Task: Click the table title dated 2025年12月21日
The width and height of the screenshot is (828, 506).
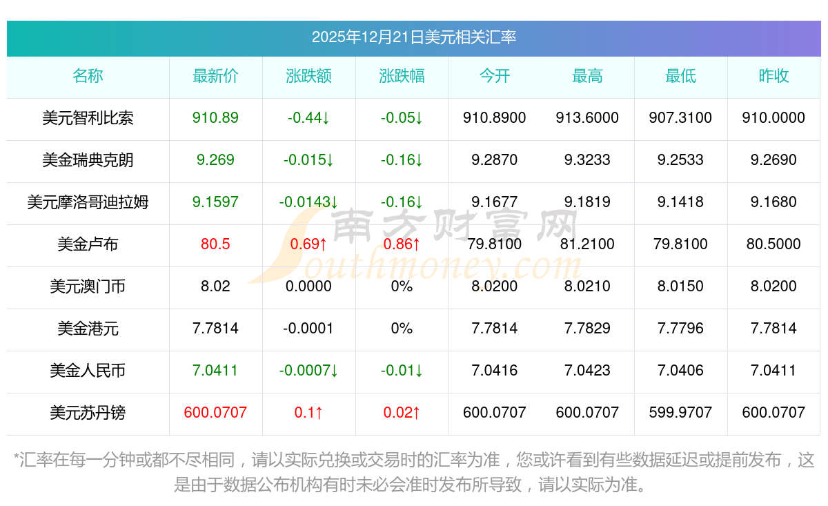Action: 414,37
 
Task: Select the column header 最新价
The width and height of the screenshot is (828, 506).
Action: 215,77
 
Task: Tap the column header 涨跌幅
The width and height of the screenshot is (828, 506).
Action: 402,77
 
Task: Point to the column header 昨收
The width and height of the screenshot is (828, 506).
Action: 773,77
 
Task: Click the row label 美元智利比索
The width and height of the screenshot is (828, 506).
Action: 88,118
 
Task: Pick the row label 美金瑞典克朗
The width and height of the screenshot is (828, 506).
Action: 88,160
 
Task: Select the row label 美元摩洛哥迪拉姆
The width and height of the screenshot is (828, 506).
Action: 88,202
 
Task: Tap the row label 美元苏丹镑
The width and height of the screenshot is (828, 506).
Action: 88,413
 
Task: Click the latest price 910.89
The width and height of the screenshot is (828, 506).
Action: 215,118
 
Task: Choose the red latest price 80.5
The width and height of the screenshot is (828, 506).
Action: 215,244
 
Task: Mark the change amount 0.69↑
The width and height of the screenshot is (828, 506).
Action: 308,244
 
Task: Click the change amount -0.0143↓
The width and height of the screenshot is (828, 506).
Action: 308,202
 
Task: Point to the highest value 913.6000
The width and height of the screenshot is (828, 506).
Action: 587,118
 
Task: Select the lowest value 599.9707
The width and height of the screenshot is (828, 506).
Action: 680,413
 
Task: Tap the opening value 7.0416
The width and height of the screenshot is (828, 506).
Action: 495,371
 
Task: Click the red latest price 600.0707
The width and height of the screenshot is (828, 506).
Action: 215,413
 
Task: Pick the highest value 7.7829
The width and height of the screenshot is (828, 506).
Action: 587,329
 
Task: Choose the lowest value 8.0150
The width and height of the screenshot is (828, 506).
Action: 680,286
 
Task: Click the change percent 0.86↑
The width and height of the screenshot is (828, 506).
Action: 402,244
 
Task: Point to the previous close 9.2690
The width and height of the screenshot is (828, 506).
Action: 773,160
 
